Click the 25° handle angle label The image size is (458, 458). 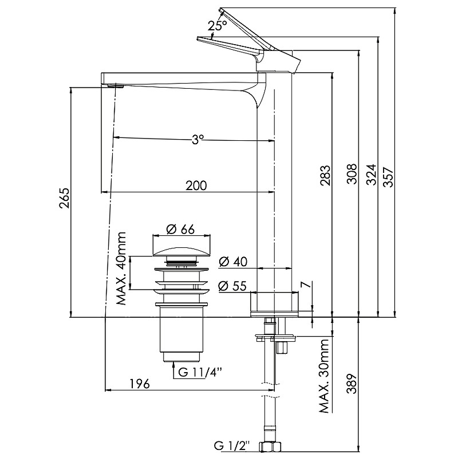(218, 26)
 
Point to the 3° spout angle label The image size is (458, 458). (197, 139)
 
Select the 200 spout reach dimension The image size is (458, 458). (196, 185)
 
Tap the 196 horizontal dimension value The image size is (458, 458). (140, 384)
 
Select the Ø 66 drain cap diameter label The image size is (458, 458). (181, 229)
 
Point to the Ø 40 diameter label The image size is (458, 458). (232, 262)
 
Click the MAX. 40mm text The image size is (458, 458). (121, 269)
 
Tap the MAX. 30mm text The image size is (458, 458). (326, 375)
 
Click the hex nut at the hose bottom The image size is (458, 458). (268, 447)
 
